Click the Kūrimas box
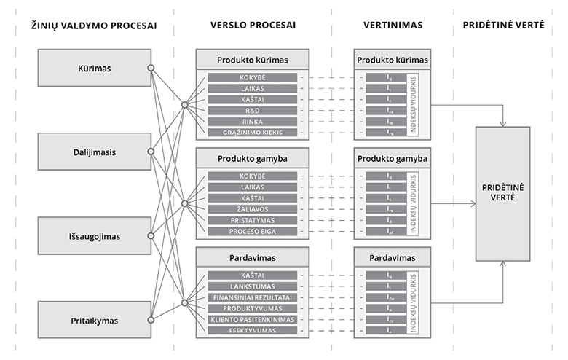94,69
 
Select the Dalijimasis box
94,152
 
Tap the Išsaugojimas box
94,236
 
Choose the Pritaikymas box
94,320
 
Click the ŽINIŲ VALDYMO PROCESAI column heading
94,26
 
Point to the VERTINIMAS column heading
393,26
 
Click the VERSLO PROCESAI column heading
252,26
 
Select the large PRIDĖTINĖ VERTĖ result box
502,193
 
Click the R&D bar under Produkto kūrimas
252,111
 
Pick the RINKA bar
252,122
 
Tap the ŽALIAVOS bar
252,209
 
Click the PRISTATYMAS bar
252,220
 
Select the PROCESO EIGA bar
252,231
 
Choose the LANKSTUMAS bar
252,286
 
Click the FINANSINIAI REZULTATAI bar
252,297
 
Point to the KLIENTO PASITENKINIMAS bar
252,319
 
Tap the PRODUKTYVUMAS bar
252,308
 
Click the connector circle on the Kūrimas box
151,69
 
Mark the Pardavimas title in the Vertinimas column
393,258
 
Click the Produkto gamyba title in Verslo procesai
252,158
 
